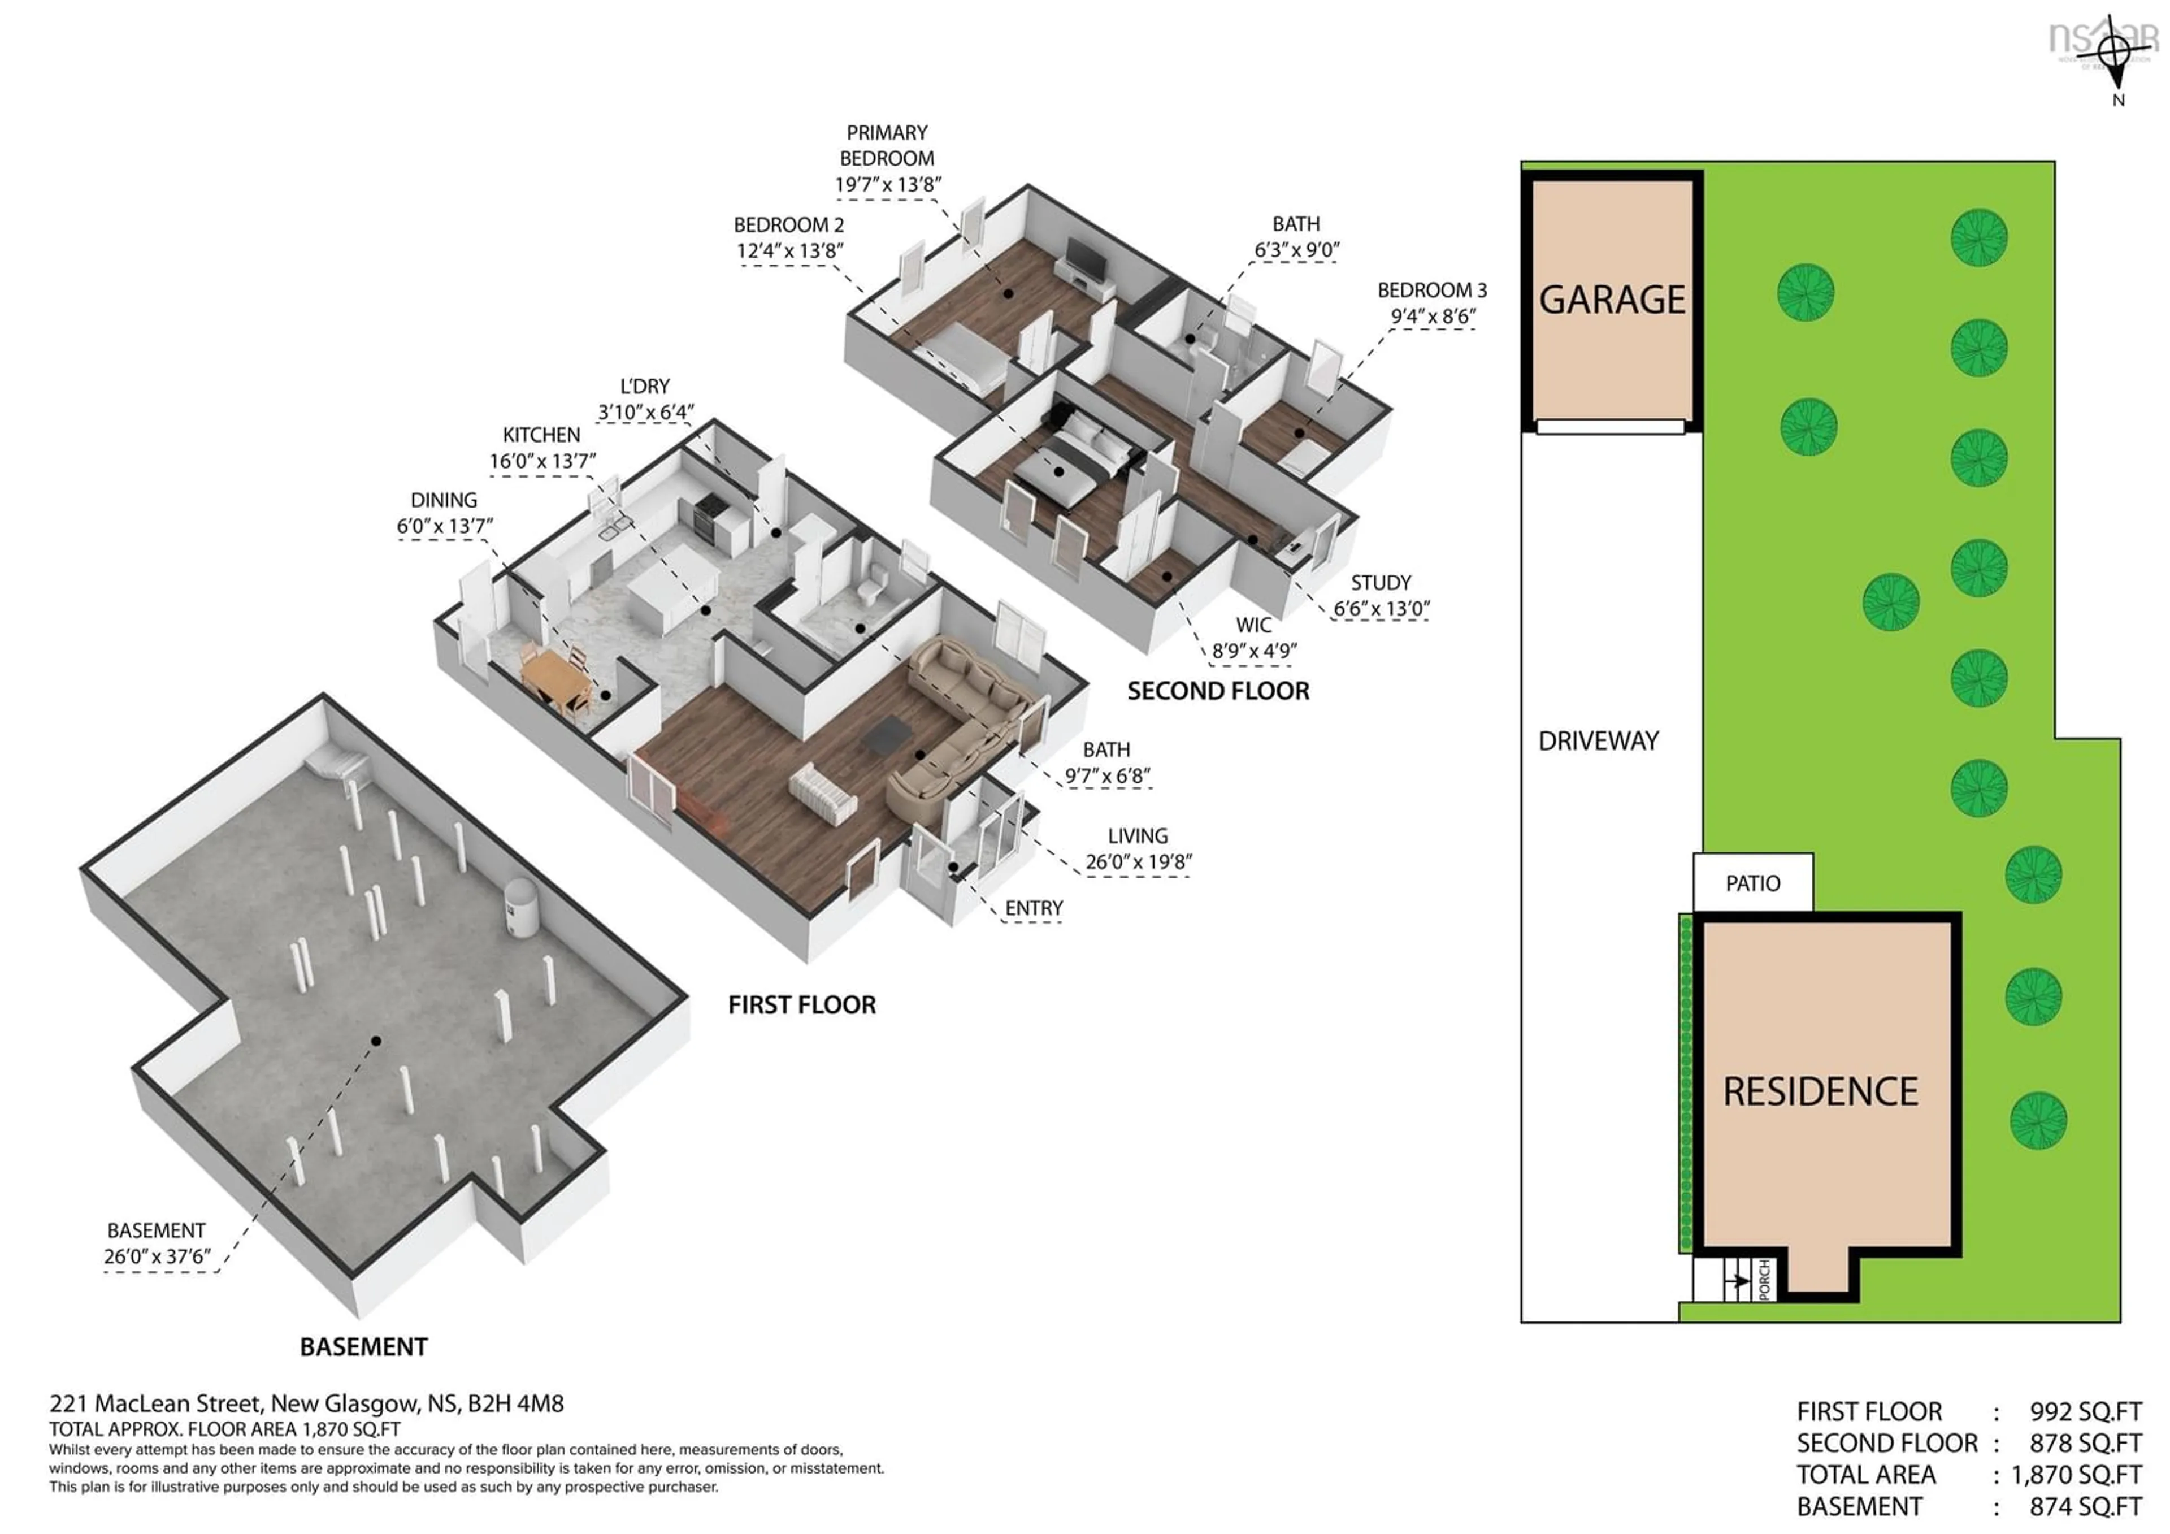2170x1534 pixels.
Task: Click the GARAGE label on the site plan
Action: (1612, 300)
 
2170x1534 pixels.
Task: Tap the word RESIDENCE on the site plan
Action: (1820, 1091)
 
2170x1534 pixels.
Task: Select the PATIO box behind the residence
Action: (1752, 883)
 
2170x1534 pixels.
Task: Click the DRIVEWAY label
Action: (1598, 741)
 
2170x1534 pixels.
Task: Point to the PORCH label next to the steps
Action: (1764, 1279)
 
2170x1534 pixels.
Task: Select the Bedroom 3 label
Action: (1431, 290)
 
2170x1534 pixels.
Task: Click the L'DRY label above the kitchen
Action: (645, 387)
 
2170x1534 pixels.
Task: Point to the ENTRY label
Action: (1034, 908)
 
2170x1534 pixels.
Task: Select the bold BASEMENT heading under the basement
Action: (364, 1347)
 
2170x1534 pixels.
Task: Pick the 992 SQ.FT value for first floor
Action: (2085, 1412)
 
